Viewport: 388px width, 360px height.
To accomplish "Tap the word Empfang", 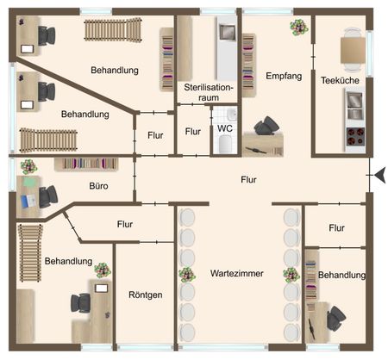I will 284,76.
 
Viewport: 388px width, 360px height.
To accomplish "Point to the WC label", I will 224,128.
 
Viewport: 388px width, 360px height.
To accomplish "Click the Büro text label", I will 99,184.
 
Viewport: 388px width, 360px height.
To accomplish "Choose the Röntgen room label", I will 144,295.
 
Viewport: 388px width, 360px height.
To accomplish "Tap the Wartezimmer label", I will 236,273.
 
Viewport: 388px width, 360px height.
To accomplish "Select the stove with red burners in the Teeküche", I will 354,136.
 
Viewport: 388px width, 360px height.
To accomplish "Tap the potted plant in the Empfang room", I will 297,27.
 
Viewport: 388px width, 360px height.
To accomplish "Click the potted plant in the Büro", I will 28,166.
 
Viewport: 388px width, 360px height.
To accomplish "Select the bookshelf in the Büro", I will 86,163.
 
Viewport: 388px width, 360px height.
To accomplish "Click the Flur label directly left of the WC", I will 193,132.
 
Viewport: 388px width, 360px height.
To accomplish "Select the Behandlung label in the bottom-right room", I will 341,275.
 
